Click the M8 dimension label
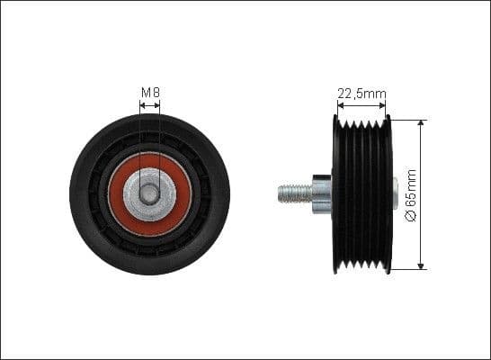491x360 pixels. [149, 92]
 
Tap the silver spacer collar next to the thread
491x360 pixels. [321, 193]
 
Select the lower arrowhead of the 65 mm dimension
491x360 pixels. [421, 265]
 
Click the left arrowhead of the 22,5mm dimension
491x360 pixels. [340, 104]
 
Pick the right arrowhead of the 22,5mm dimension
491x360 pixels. [388, 104]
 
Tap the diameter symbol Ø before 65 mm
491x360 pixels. [411, 216]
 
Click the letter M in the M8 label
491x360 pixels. [146, 92]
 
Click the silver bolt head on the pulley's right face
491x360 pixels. [395, 193]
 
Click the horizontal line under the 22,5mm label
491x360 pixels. [364, 104]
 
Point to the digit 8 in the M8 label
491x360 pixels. [156, 92]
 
